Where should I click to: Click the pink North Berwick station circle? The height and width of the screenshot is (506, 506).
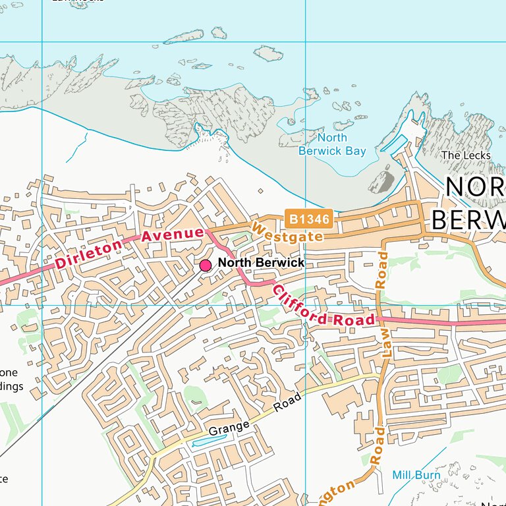[206, 265]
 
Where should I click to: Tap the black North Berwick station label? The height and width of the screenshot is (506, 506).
[261, 263]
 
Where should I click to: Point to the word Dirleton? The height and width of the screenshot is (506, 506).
[90, 254]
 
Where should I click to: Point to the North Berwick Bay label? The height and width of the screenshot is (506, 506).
[332, 144]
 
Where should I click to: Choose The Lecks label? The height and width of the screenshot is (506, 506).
[466, 155]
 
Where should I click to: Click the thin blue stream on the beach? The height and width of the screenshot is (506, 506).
[76, 148]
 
